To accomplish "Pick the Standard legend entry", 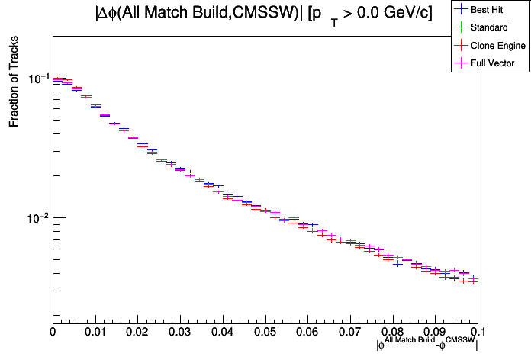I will click(488, 27).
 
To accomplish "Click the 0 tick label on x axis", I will click(53, 333).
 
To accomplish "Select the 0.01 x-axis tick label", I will click(95, 333).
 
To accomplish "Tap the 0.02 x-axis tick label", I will click(137, 333).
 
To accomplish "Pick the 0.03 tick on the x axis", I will click(180, 333).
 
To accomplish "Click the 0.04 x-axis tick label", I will click(223, 333).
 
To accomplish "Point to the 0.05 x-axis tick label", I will click(265, 333).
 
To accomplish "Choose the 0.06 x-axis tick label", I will click(307, 333).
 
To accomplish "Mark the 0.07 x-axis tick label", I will click(350, 333).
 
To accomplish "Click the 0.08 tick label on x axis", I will click(393, 333).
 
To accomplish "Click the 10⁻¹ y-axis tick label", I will click(36, 79).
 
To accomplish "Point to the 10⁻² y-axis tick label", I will click(36, 217).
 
